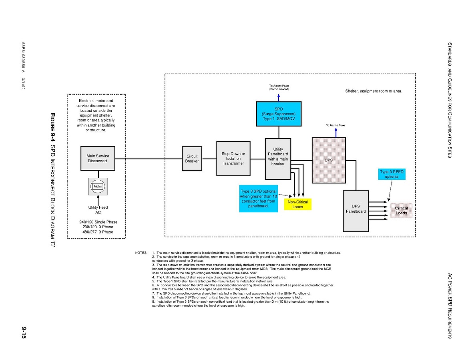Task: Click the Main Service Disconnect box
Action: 98,158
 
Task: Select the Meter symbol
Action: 98,186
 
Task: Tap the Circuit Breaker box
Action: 192,159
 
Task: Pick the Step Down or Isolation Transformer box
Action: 233,158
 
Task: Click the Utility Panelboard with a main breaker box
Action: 278,159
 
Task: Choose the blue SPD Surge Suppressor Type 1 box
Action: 279,114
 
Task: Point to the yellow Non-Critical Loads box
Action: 297,204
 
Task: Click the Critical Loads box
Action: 401,210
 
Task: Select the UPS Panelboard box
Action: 356,211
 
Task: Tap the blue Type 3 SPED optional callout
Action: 392,174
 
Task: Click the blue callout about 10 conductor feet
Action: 258,198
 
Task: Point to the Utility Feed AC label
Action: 98,210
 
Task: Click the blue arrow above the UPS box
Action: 336,132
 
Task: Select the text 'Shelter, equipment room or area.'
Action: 374,91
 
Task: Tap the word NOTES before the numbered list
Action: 141,253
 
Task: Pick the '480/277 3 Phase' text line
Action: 98,232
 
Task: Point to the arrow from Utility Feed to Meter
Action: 98,199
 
